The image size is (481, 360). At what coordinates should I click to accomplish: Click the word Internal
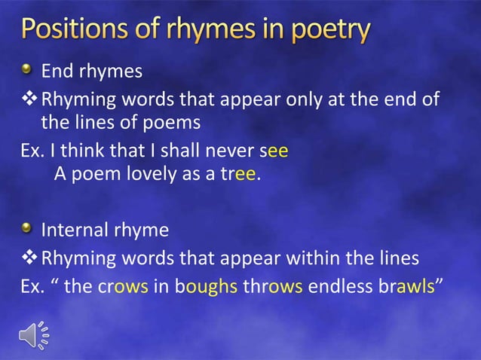[74, 230]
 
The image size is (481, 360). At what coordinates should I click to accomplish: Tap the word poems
[172, 123]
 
